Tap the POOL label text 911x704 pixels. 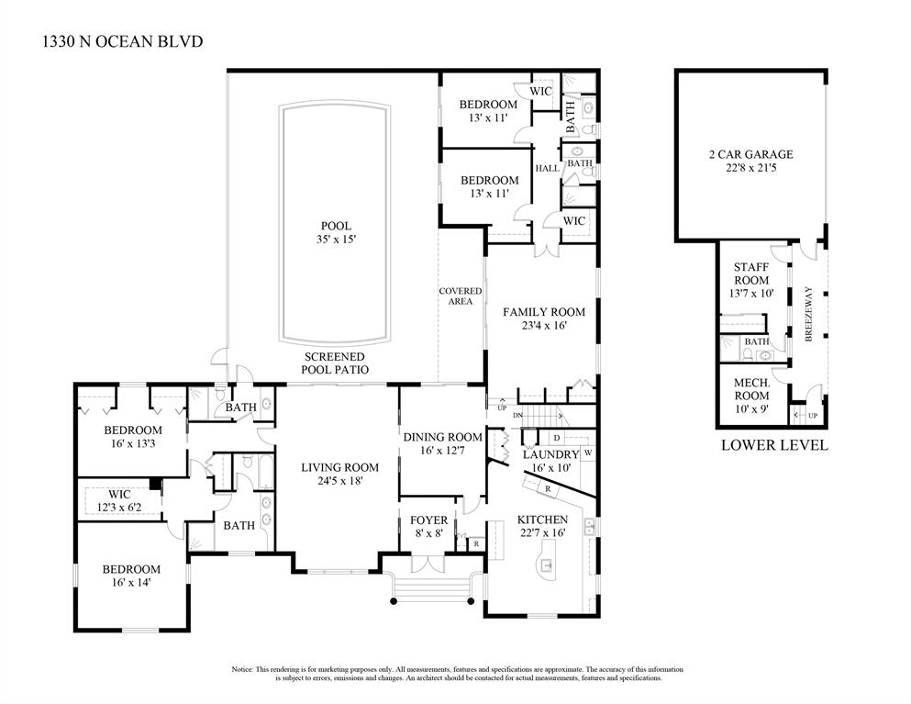[x=335, y=226]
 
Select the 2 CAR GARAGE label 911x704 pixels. [x=750, y=154]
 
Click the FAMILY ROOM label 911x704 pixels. [x=543, y=312]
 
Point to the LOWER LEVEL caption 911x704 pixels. [x=774, y=445]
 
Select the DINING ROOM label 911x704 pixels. [x=442, y=437]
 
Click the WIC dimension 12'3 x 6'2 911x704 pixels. [x=120, y=507]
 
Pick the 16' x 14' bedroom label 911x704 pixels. [x=132, y=583]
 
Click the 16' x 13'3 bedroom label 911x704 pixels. [x=132, y=444]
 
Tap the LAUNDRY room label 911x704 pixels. [x=550, y=454]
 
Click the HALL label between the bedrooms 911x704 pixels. [x=547, y=168]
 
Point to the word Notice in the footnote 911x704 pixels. [x=242, y=669]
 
